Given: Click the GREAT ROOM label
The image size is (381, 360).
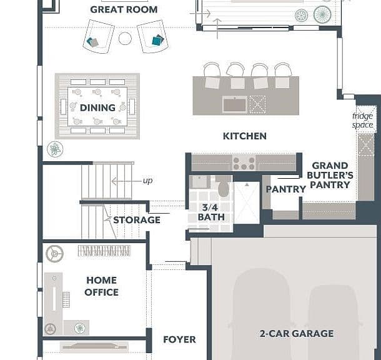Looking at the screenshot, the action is (124, 10).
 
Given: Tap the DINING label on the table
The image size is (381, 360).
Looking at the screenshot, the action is (97, 107).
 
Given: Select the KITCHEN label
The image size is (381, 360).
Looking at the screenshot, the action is (245, 136).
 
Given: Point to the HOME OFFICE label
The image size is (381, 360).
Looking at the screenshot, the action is (102, 286).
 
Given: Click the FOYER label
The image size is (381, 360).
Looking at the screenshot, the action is (179, 339).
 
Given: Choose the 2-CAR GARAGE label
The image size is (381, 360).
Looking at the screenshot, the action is (297, 334).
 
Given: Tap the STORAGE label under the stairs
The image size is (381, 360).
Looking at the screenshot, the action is (137, 220).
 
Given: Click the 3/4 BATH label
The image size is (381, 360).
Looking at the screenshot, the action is (211, 212).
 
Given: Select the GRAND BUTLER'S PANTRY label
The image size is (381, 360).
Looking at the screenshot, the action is (330, 175).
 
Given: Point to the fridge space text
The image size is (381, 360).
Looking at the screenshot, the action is (362, 121).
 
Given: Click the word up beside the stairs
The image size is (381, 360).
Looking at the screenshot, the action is (148, 181).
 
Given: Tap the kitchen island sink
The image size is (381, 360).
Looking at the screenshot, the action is (235, 104).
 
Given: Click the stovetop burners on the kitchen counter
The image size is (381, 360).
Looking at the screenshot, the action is (244, 163).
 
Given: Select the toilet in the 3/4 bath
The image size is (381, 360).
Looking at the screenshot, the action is (223, 187).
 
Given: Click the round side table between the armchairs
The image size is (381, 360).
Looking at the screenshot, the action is (125, 38).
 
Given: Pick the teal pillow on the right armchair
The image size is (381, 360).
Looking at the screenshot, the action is (157, 40).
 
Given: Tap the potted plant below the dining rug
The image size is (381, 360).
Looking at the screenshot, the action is (55, 149).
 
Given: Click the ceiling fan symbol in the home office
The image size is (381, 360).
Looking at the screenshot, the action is (55, 254).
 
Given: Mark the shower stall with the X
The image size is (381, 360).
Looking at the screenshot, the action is (247, 202).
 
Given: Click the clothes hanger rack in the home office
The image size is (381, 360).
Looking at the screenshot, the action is (104, 251).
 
